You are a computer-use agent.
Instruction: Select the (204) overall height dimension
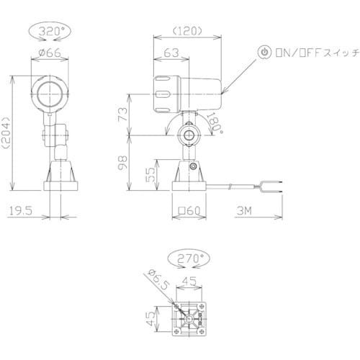7,132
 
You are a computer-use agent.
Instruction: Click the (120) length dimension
186,32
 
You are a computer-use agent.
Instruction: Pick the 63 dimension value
171,53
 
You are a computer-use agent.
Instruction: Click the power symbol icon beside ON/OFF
264,53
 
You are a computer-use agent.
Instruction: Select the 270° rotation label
189,256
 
